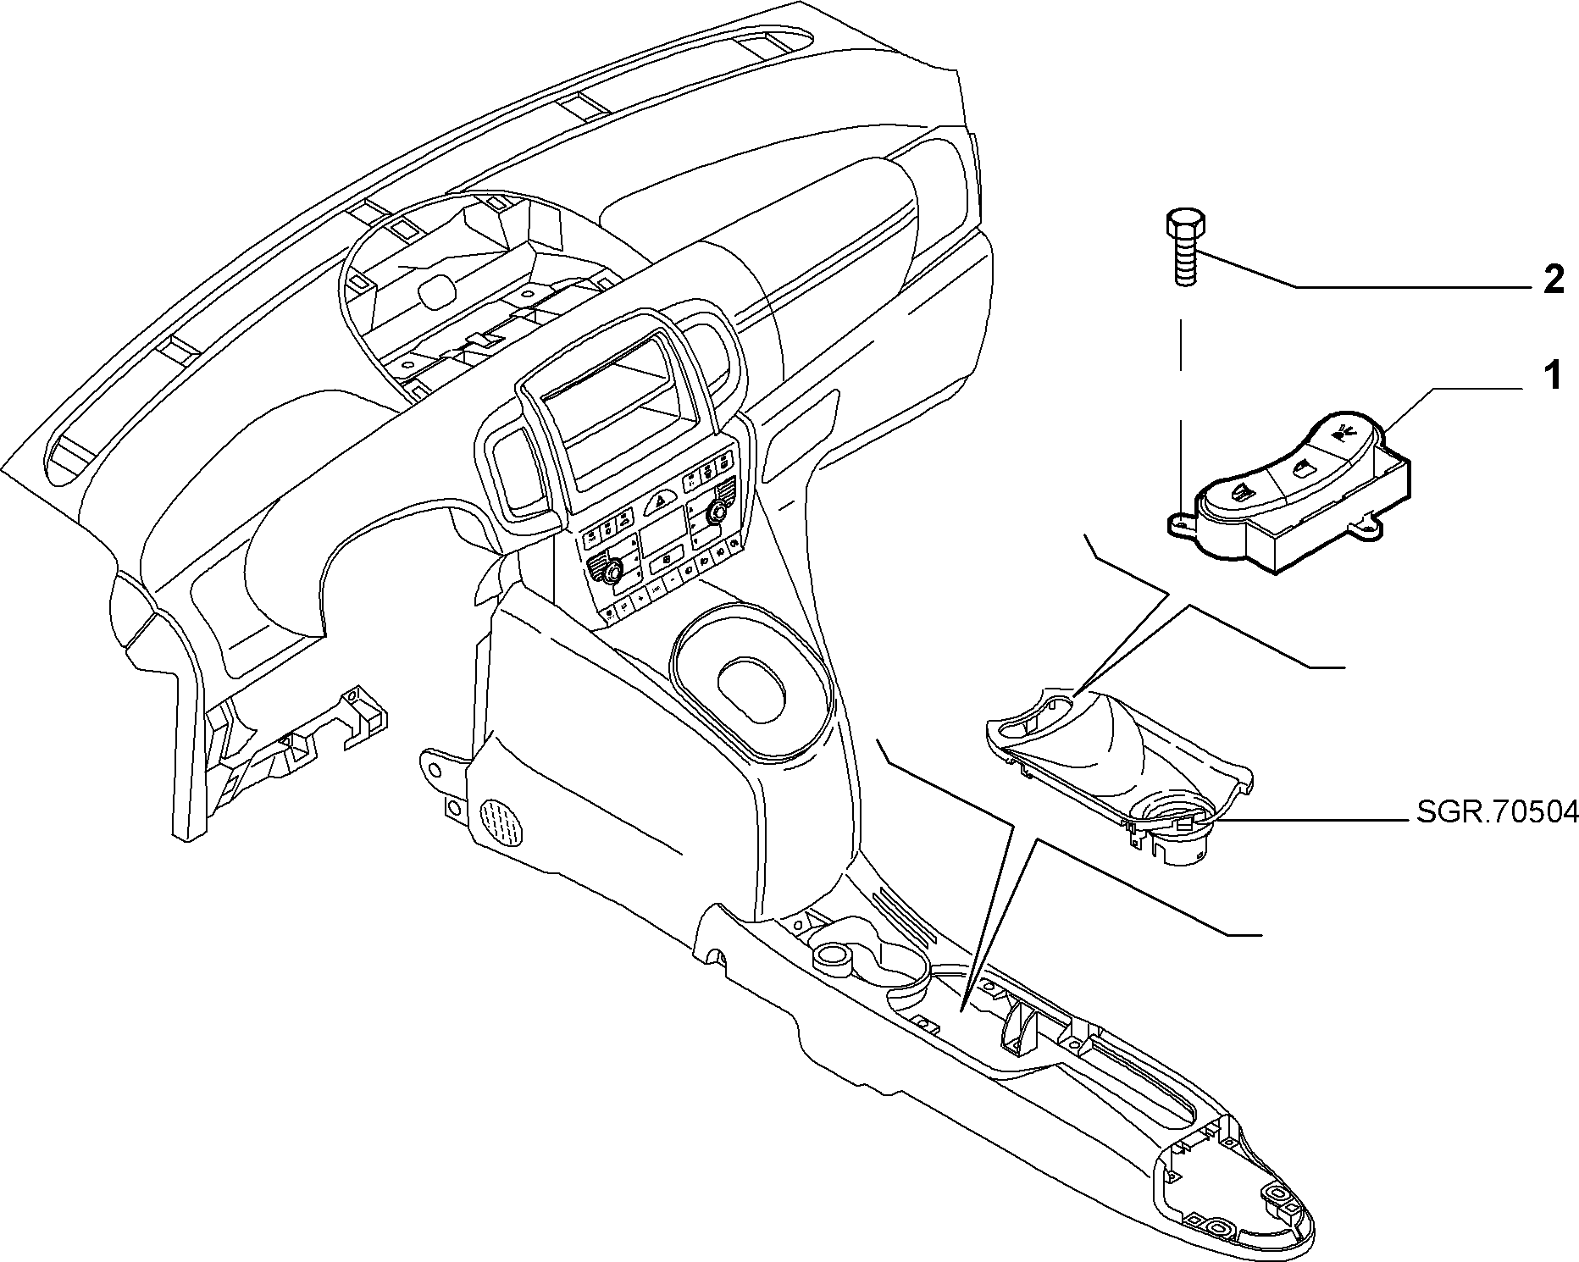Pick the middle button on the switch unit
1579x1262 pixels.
tap(1298, 466)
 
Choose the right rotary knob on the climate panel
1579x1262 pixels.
tap(718, 511)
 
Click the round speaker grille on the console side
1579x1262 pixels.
tap(502, 821)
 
